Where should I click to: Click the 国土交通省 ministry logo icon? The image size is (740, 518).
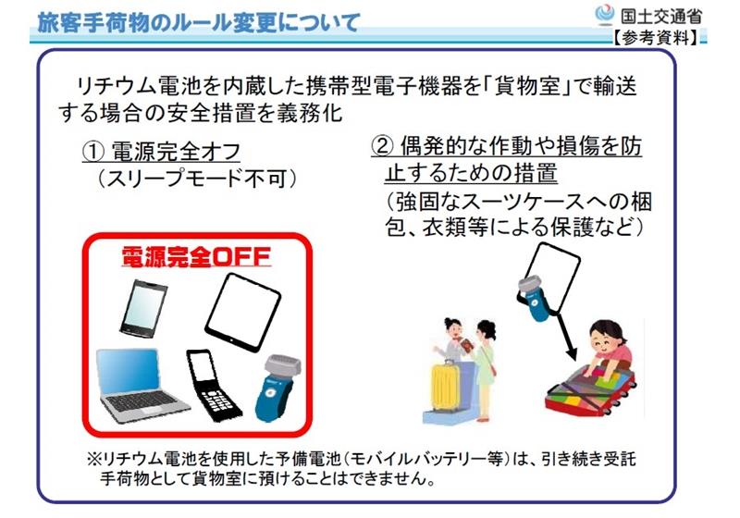(x=604, y=15)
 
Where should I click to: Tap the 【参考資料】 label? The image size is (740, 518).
(x=657, y=38)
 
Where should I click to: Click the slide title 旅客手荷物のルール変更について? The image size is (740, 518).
(x=199, y=22)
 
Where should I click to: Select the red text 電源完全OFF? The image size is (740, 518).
(x=196, y=256)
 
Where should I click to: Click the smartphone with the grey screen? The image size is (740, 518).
(x=143, y=309)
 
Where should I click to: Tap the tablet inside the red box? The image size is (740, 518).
(x=242, y=312)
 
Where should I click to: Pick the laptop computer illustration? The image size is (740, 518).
(x=141, y=385)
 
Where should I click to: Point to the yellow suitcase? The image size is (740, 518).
(x=446, y=385)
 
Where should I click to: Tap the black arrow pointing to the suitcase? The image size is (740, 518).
(x=564, y=335)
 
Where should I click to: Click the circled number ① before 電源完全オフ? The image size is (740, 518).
(x=93, y=152)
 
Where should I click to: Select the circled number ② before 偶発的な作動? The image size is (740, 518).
(x=382, y=146)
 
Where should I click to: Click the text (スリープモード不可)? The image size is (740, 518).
(x=197, y=179)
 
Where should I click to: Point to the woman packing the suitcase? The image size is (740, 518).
(x=607, y=346)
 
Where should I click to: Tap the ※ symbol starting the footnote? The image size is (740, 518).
(x=93, y=459)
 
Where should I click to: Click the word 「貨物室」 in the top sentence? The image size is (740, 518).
(x=527, y=87)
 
